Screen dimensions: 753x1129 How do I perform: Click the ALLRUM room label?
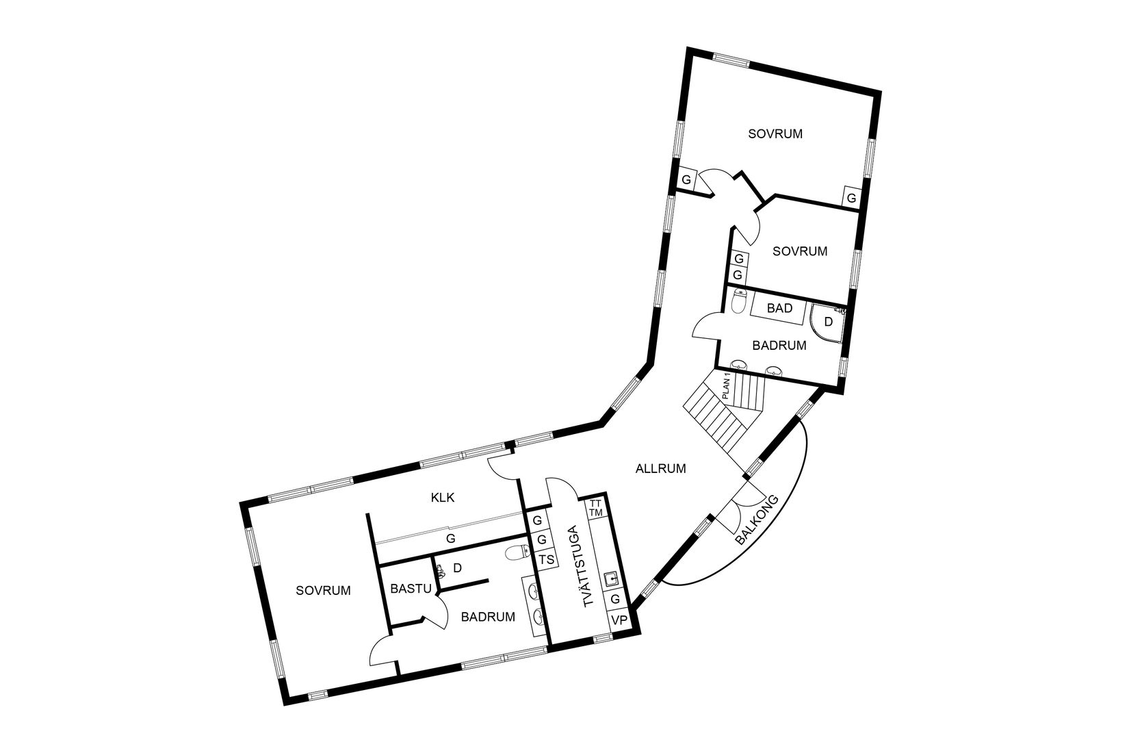point(660,469)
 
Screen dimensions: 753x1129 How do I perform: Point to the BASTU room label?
point(410,588)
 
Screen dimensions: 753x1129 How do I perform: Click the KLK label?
point(443,498)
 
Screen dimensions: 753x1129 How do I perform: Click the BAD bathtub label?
point(779,308)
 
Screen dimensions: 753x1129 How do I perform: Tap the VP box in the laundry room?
point(619,620)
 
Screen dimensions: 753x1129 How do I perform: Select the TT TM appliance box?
point(595,508)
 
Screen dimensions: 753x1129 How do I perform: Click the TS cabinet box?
point(546,560)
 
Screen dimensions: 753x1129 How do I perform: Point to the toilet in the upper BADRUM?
point(738,301)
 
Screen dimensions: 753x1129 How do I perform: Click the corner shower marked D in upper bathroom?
point(827,321)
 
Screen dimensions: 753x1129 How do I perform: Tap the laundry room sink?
point(612,579)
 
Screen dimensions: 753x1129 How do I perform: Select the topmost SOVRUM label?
point(775,133)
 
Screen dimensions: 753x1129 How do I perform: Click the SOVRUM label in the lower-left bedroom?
point(323,590)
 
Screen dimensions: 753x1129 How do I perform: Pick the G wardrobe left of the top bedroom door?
point(686,179)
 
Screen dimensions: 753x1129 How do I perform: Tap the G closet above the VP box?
point(615,599)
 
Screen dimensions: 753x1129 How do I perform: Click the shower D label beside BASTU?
point(458,567)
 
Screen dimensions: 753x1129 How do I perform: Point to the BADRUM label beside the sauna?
point(487,617)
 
